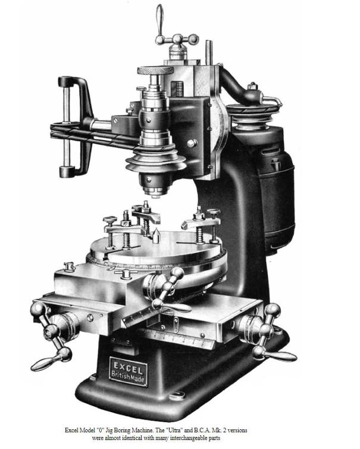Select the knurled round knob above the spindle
click(x=155, y=70)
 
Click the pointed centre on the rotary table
click(x=156, y=236)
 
